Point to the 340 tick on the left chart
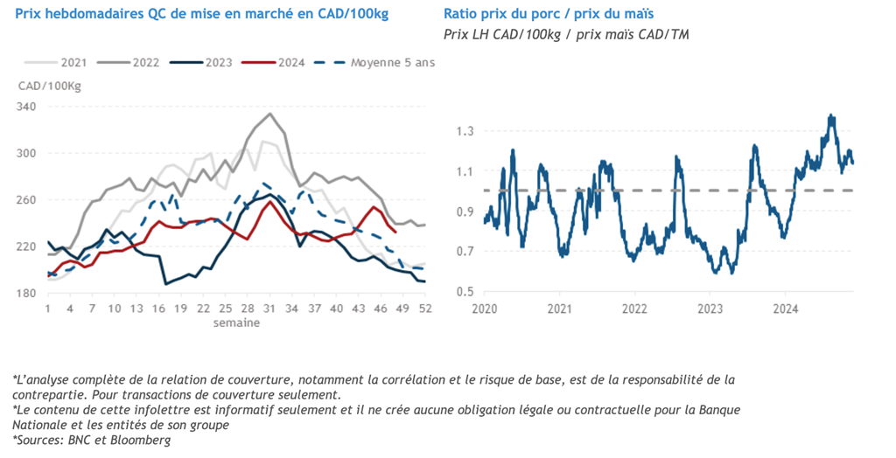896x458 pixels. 29,107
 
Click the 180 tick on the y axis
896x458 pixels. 29,293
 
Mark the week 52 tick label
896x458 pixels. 424,309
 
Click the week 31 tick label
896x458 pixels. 270,309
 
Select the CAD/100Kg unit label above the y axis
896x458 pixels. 50,85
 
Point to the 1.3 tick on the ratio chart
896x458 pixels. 465,131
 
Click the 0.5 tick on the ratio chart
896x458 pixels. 465,292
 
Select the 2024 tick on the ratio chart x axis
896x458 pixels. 785,309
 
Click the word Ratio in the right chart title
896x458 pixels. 461,15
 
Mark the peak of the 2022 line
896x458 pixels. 270,114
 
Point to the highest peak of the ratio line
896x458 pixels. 829,115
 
